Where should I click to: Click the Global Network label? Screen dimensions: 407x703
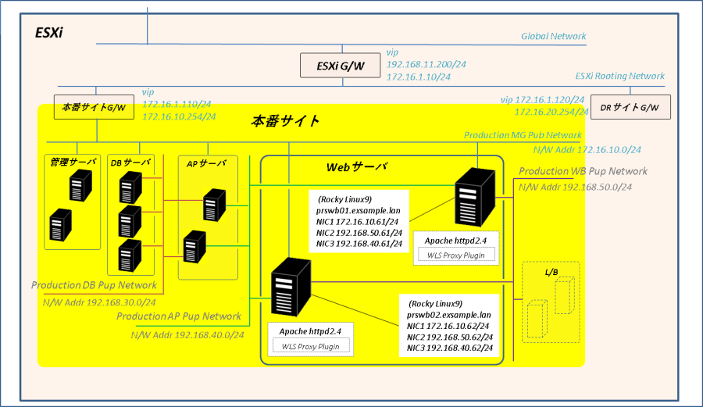pyautogui.click(x=553, y=37)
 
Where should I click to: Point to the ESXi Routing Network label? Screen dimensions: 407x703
pyautogui.click(x=619, y=77)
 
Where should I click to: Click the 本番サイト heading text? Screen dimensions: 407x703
pyautogui.click(x=285, y=121)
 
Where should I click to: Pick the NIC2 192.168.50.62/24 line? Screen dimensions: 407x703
pyautogui.click(x=448, y=337)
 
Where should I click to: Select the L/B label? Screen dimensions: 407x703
pyautogui.click(x=551, y=271)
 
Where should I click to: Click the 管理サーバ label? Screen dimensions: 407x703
pyautogui.click(x=73, y=162)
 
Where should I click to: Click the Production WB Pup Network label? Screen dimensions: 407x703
pyautogui.click(x=583, y=172)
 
